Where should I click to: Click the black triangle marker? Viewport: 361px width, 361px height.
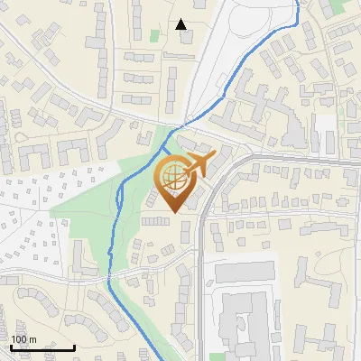coord(181,24)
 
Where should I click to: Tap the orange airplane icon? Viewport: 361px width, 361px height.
coord(194,166)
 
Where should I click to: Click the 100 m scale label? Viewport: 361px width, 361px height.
coord(23,339)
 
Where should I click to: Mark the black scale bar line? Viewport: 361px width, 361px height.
coord(42,347)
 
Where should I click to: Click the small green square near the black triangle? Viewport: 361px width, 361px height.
coord(154,36)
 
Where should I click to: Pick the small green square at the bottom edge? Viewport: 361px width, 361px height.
coord(214,356)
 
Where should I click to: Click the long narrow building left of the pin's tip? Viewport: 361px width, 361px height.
coord(155,220)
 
